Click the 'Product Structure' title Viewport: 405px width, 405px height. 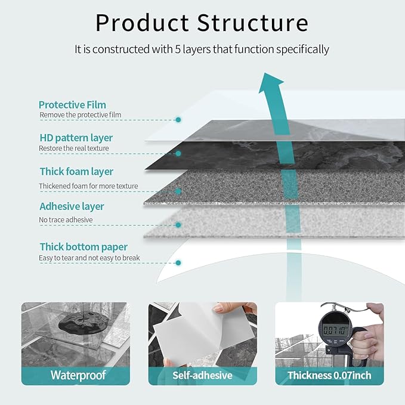202,23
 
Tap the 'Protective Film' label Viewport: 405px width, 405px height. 72,105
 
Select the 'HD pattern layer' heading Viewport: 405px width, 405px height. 76,138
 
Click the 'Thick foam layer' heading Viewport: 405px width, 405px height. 76,172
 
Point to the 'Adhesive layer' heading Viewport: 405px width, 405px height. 72,206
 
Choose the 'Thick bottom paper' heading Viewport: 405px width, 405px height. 84,247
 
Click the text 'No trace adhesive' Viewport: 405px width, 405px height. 66,220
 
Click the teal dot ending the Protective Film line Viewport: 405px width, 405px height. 178,120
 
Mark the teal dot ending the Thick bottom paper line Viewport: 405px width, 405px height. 178,262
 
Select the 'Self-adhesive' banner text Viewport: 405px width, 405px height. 202,375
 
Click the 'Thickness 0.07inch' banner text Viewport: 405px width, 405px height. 329,375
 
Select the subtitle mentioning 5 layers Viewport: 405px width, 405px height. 202,50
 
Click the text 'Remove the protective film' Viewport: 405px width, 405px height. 80,115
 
